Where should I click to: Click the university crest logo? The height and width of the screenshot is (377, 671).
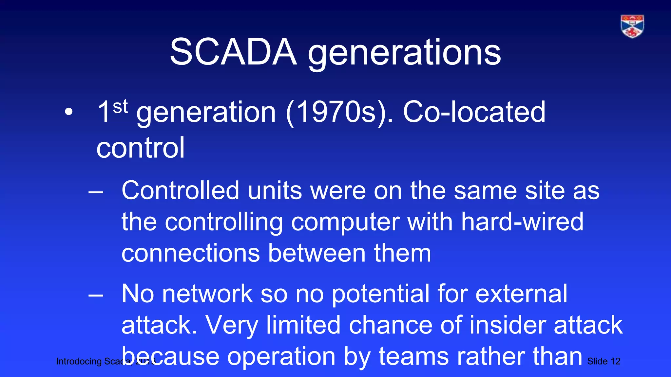[632, 27]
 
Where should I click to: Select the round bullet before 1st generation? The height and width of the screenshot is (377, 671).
[68, 112]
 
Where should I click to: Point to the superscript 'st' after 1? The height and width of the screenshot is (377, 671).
[120, 107]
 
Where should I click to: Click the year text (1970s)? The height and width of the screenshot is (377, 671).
[339, 112]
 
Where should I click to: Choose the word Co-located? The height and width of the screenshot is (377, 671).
[474, 112]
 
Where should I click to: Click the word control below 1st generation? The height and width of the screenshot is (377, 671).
[141, 148]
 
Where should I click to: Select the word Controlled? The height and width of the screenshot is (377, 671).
[180, 190]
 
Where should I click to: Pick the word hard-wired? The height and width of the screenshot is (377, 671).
[522, 222]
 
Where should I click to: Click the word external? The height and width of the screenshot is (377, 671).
[521, 294]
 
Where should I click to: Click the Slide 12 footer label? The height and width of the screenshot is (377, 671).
[604, 361]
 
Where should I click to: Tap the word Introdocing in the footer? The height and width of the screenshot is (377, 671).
[79, 361]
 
